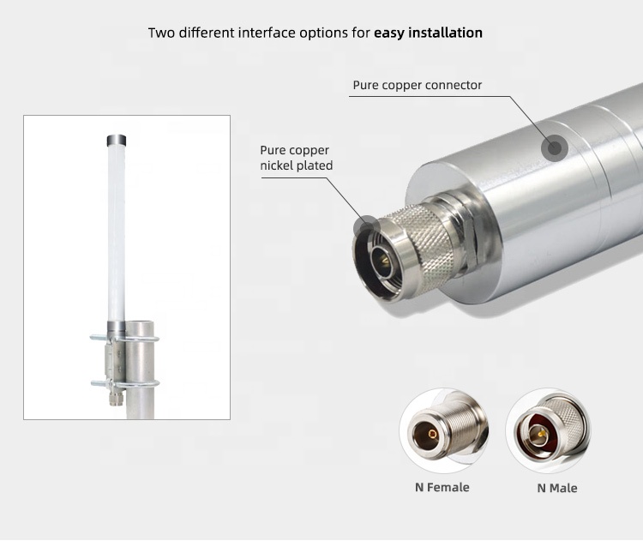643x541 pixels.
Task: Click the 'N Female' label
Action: pos(442,487)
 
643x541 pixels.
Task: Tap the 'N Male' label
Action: pos(557,488)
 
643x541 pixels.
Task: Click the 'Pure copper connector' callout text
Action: pos(417,86)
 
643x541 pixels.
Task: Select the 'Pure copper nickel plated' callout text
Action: pos(296,158)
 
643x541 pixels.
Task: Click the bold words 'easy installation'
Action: pos(428,33)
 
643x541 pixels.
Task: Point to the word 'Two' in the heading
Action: pos(162,33)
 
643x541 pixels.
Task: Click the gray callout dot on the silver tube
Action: pos(555,148)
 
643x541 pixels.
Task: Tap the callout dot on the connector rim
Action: pos(367,226)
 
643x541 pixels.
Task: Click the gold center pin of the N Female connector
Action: pos(432,434)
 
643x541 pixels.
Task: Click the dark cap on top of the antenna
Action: pos(117,141)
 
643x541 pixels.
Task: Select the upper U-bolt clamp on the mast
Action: pos(124,339)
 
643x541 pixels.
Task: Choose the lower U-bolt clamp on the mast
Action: pos(124,384)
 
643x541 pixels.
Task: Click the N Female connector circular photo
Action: pos(444,430)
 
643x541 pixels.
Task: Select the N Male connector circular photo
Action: pos(549,430)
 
